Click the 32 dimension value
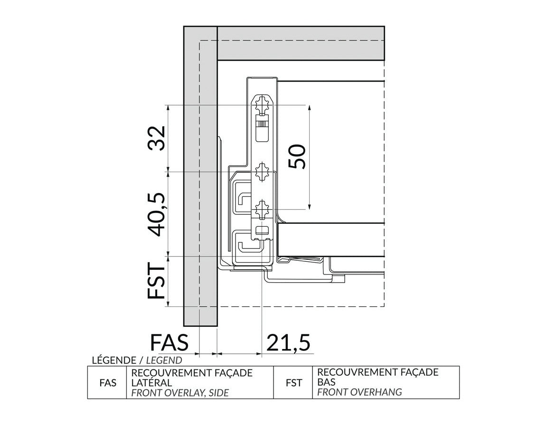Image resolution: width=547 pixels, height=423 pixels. tap(156, 138)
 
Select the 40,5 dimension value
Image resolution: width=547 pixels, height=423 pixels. tap(156, 214)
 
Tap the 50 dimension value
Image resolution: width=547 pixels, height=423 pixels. tap(297, 156)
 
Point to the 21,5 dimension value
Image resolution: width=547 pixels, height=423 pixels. tap(288, 342)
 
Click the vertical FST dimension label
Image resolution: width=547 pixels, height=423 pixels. tap(156, 281)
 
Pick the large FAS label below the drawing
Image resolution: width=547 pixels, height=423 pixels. tap(169, 342)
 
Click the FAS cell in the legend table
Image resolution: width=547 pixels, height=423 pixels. tap(108, 383)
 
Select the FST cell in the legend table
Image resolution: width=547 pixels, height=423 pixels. tap(294, 383)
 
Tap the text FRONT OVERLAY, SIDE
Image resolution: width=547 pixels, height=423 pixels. tap(180, 393)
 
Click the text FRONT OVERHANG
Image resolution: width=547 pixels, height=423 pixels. tap(359, 392)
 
